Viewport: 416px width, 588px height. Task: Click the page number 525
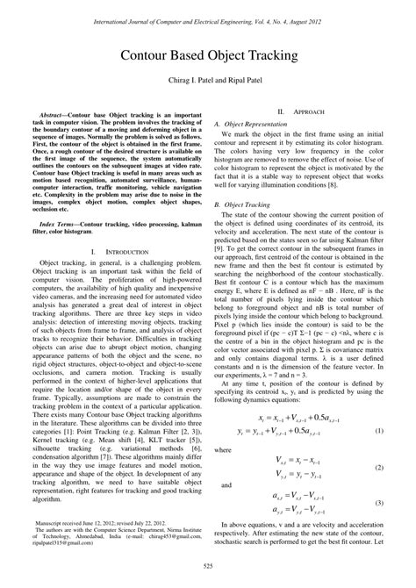click(x=208, y=575)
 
